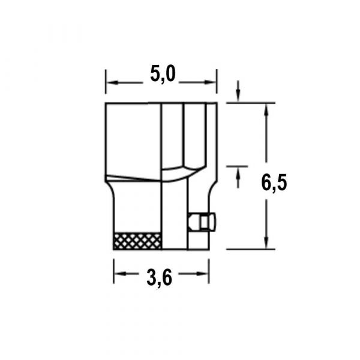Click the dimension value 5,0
tap(161, 74)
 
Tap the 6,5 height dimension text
tap(274, 181)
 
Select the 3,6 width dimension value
tap(160, 278)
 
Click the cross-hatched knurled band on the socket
tap(137, 241)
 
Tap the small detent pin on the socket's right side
tap(202, 222)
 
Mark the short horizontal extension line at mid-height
tap(237, 166)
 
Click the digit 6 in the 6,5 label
tap(266, 181)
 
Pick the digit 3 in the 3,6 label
tap(152, 278)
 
